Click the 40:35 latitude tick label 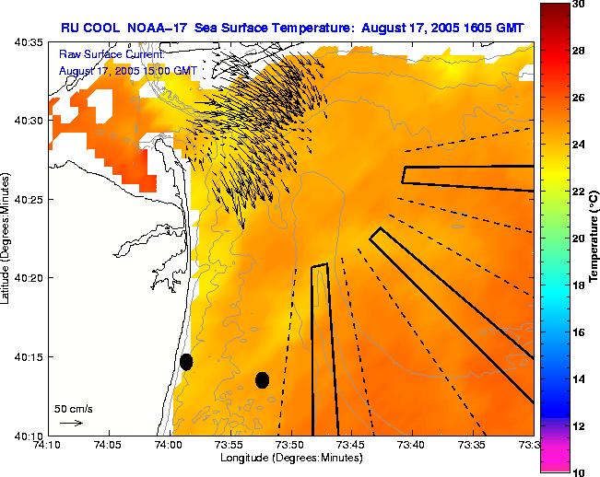point(30,42)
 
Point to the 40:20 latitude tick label point(30,278)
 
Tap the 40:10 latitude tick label point(30,435)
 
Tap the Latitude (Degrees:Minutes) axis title point(7,238)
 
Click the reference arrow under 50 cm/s point(71,423)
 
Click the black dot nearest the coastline point(186,362)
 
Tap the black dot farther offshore point(262,379)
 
